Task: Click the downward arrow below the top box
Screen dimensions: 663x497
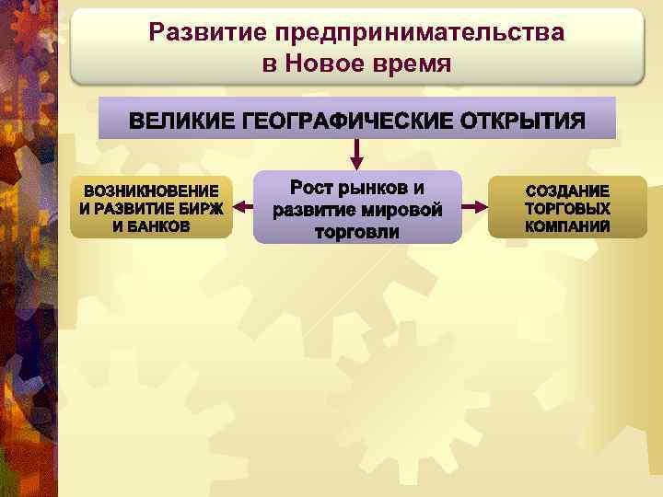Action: (357, 155)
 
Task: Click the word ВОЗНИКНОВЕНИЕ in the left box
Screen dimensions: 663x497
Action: (151, 191)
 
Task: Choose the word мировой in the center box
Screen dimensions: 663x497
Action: (399, 210)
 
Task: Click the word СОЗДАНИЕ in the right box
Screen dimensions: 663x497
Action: (567, 191)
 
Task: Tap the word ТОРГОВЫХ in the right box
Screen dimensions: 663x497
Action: (567, 208)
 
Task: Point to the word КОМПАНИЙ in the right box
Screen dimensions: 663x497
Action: (567, 225)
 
